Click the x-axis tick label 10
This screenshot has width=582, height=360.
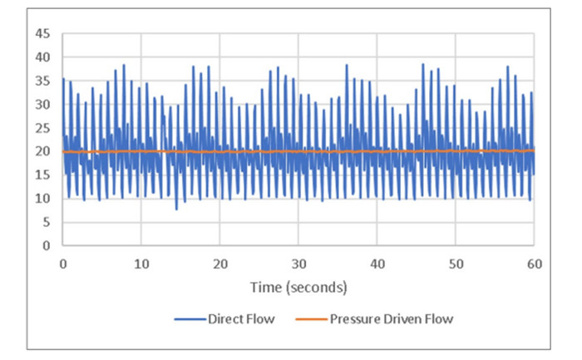pos(141,264)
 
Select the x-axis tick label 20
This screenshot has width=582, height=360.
pos(220,264)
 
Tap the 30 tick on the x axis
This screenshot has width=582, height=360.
pos(298,264)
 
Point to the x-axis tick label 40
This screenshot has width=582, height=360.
pos(377,264)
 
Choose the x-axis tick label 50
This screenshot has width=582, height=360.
pos(456,264)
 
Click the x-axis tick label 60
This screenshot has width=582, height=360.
pos(534,264)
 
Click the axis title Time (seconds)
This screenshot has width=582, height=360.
pos(298,288)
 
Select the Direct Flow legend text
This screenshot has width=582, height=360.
pos(241,318)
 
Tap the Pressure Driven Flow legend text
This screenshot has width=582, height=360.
pos(392,318)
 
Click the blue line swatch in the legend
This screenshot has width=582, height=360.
pos(190,319)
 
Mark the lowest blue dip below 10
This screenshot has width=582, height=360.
pos(176,209)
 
